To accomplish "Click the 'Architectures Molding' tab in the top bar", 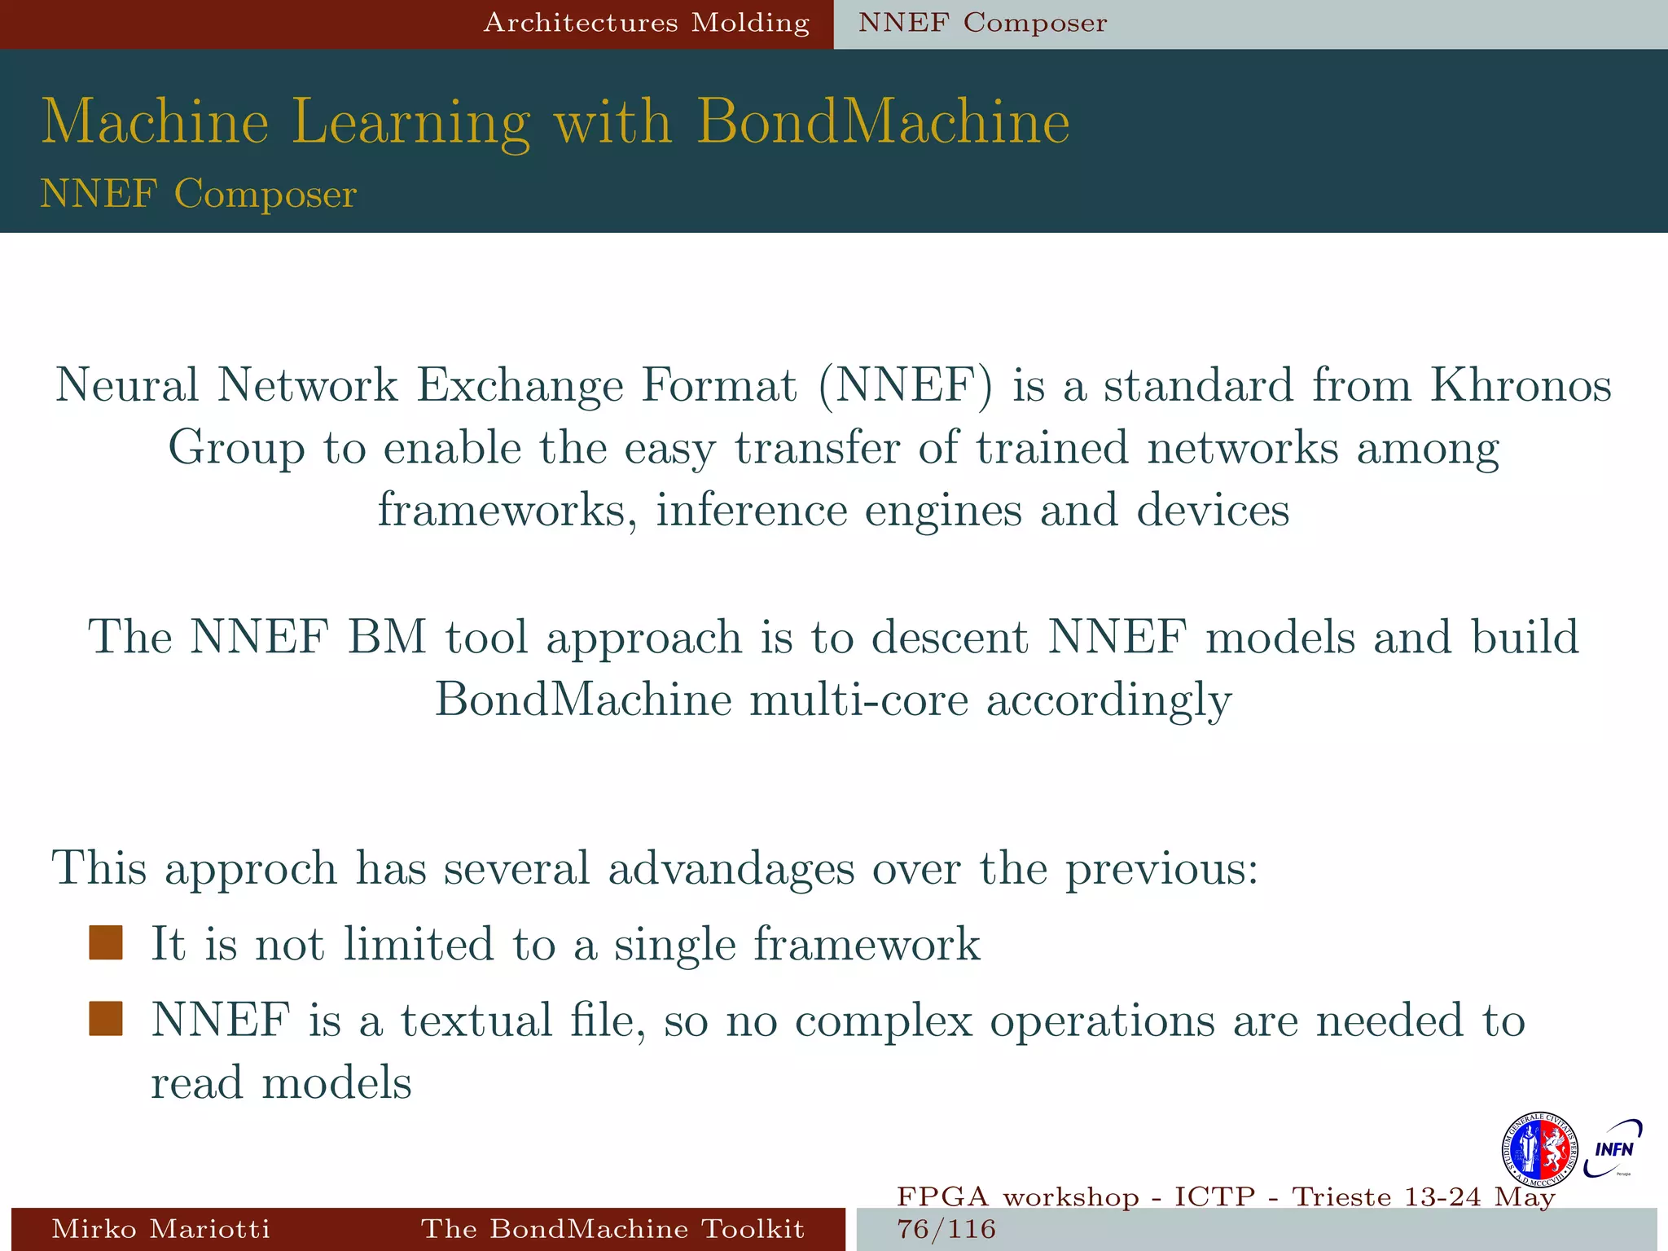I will tap(647, 23).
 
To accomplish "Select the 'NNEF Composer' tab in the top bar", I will tap(982, 23).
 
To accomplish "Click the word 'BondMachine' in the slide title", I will tap(883, 122).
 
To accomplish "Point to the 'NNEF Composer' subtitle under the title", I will tap(199, 194).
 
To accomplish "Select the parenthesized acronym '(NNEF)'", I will tap(906, 386).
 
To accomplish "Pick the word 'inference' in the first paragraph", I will tap(751, 511).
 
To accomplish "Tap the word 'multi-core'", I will tap(859, 700).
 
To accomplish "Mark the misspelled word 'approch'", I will tap(251, 869).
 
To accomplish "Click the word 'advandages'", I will tap(731, 868).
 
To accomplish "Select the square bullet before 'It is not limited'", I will tap(106, 943).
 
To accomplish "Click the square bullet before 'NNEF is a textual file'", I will tap(106, 1019).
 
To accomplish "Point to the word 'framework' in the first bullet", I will tap(867, 944).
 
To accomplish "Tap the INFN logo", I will tap(1613, 1148).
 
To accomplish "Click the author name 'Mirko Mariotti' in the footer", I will tap(161, 1228).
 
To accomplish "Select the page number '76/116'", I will tap(946, 1229).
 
